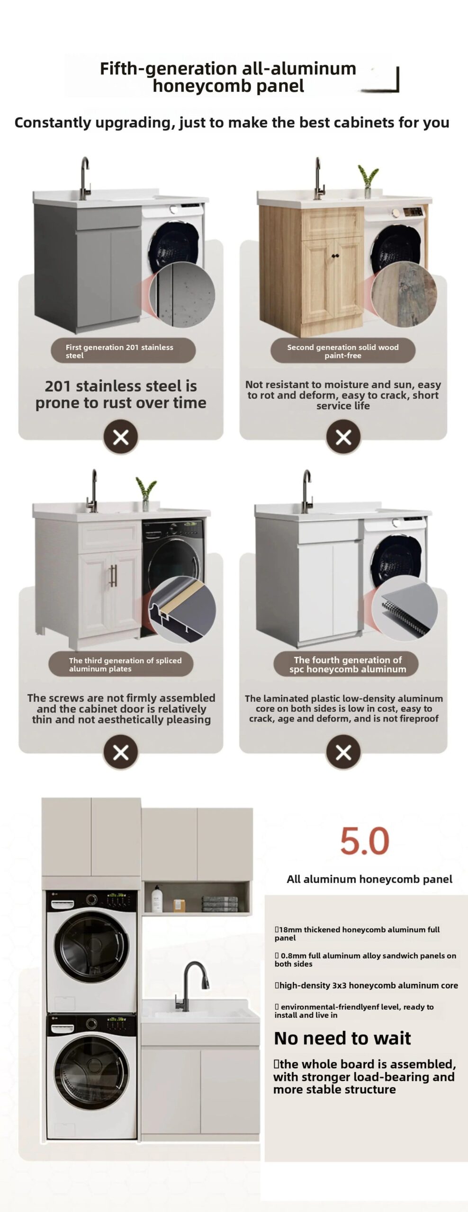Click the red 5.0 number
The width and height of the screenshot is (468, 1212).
pos(365,841)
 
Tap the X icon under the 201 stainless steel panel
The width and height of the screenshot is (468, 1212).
pos(121,437)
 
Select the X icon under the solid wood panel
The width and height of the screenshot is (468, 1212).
pos(343,437)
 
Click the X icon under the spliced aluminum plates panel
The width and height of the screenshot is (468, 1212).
pos(121,752)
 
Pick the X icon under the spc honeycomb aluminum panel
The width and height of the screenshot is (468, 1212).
pos(343,752)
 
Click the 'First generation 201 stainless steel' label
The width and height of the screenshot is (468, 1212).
pos(123,351)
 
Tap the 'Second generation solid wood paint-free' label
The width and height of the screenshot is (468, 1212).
pos(343,351)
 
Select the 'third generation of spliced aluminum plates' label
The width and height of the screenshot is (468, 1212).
pos(121,664)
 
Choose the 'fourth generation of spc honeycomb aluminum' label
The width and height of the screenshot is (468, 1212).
pos(346,664)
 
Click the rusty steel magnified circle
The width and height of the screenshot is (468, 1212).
pos(182,294)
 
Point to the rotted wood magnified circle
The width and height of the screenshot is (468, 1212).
pos(404,294)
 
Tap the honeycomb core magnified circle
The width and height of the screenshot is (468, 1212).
pos(405,609)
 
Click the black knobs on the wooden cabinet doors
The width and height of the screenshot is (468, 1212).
pos(335,256)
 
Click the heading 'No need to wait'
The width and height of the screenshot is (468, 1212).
pos(342,1038)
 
